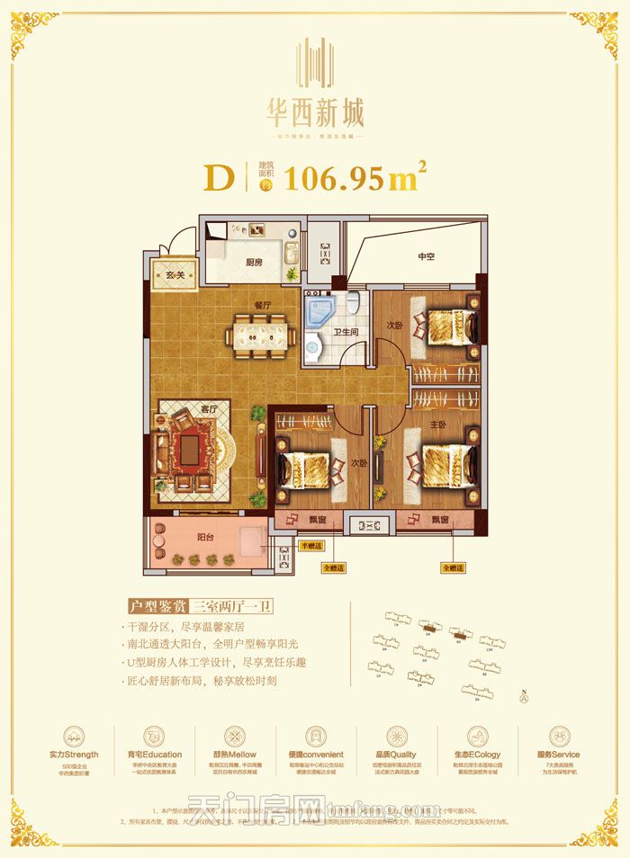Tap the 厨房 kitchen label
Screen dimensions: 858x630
[254, 263]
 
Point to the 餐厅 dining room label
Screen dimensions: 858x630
[262, 305]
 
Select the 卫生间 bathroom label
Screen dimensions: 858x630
[338, 330]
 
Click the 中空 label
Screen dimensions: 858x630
[426, 257]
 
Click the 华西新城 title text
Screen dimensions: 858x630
[315, 114]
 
